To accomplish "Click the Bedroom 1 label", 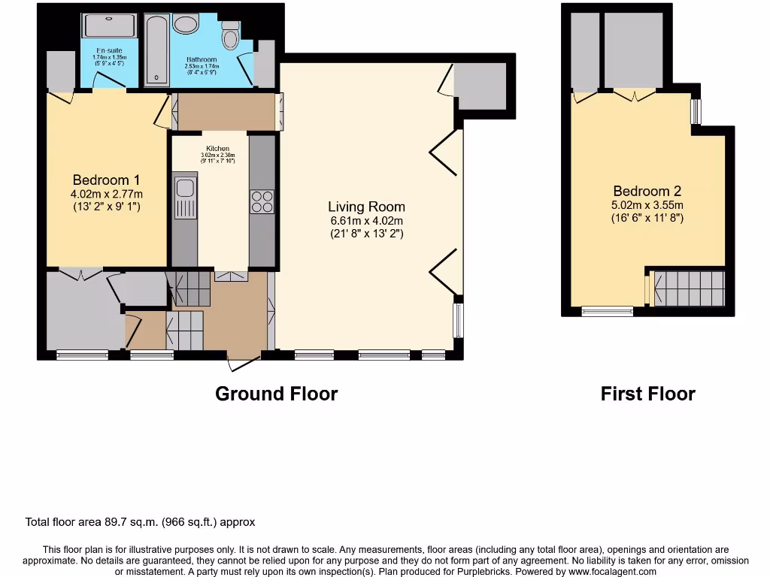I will coord(106,180).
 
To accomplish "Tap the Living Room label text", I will coord(366,207).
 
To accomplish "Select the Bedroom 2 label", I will coord(647,191).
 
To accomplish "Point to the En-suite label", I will coord(109,50).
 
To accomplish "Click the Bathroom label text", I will coord(201,60).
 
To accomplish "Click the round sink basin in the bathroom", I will coord(185,24).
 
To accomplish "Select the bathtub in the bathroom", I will coord(156,48).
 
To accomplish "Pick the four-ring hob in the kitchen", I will coord(262,202).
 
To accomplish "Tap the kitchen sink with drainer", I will coord(184,198).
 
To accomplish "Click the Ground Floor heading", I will coord(276,394).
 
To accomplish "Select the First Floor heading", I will coord(647,394).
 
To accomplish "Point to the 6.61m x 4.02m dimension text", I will coord(366,221).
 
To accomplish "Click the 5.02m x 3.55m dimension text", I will coord(647,205).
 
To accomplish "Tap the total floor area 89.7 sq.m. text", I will coord(141,522).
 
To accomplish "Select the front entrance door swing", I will coord(242,363).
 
